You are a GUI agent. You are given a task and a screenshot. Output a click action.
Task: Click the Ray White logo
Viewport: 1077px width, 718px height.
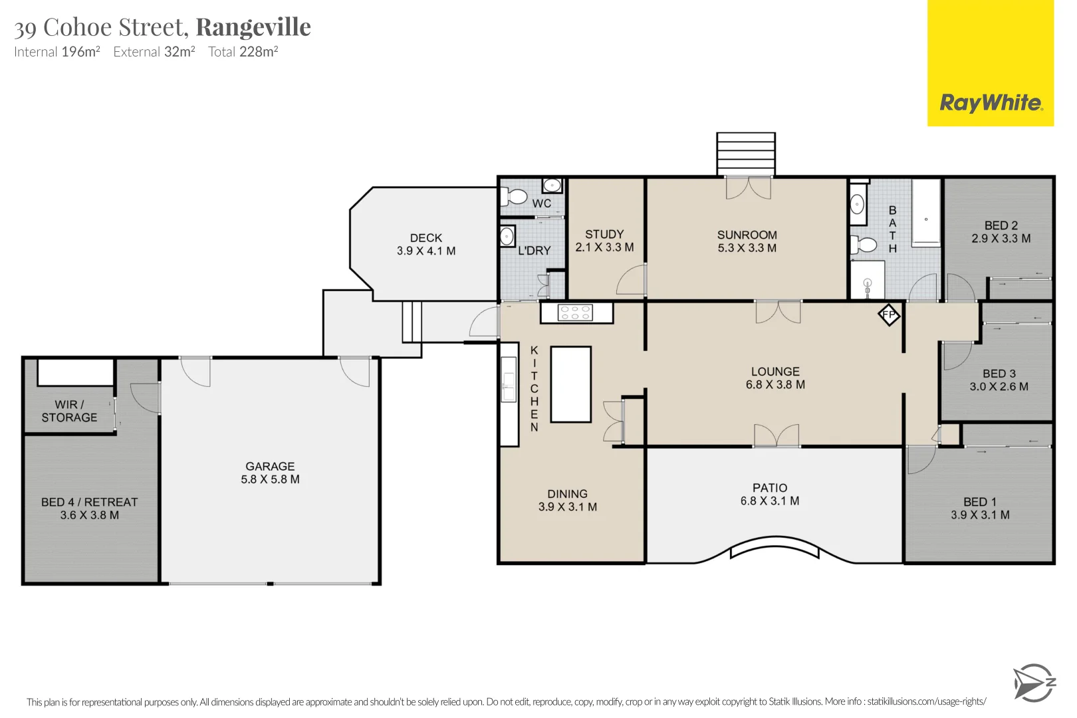coord(990,103)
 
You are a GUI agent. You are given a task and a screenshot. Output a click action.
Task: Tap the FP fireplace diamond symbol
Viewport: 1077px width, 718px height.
coord(889,314)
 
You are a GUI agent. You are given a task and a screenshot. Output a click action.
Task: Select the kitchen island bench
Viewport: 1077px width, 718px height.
coord(570,384)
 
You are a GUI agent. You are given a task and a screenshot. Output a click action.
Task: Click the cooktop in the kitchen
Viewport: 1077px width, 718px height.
coord(576,312)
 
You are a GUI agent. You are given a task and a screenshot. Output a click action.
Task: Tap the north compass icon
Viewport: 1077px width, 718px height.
coord(1033,682)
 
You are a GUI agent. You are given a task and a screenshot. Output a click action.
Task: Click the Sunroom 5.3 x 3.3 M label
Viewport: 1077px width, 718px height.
coord(747,241)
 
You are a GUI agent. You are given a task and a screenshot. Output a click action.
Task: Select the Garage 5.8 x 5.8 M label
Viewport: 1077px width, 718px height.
coord(270,473)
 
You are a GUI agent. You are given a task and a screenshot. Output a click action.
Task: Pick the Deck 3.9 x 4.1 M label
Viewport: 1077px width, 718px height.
coord(426,244)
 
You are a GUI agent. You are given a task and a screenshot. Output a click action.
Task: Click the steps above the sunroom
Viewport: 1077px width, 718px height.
coord(745,153)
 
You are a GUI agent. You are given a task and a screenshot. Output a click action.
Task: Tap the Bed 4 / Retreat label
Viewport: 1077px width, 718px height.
coord(90,509)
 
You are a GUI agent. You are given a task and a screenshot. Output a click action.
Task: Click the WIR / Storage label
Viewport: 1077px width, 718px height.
coord(69,411)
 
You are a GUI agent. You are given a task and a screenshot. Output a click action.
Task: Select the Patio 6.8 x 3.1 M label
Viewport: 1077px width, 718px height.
coord(770,494)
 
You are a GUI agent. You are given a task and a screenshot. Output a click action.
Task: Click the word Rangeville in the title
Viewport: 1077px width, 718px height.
coord(253,27)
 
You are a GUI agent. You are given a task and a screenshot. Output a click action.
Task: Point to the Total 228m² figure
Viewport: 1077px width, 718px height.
coord(243,52)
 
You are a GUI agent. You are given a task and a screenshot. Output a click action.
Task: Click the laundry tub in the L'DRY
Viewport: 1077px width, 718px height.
coord(507,236)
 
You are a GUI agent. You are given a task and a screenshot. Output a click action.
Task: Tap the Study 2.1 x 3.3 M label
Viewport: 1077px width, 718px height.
coord(604,241)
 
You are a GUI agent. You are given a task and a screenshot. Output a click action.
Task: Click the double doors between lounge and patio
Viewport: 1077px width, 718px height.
coord(776,436)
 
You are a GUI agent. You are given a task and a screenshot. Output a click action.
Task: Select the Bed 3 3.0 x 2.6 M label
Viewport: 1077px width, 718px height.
coord(999,380)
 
